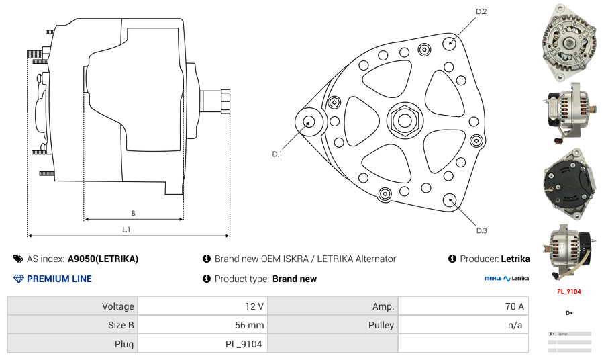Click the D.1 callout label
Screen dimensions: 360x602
pos(277,154)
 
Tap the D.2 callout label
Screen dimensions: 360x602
pos(481,12)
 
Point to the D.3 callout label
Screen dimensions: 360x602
pos(481,230)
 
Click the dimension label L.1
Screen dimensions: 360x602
pos(126,230)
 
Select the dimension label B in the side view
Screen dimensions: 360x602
pos(133,214)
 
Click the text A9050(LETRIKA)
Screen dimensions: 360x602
pos(103,259)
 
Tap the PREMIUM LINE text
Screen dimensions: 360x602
pos(59,279)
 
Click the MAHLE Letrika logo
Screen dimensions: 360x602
pos(507,278)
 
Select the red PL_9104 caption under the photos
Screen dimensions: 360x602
pos(568,291)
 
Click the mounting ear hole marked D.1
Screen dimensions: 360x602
pos(309,122)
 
